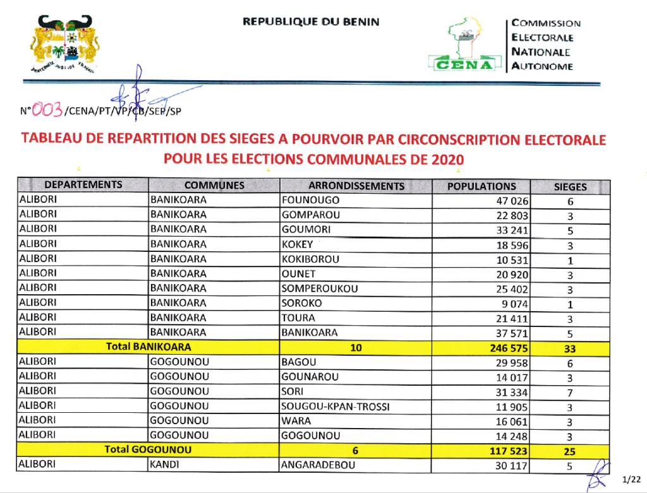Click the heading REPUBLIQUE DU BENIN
(311, 21)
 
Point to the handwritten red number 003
(47, 111)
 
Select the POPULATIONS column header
(481, 186)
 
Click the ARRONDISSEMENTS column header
(356, 186)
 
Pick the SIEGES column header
(570, 187)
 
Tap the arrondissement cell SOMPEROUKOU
(320, 288)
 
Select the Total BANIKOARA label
(148, 347)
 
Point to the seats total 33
(570, 347)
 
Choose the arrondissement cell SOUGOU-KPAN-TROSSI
(336, 407)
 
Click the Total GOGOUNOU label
(148, 450)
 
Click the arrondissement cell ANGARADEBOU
(318, 465)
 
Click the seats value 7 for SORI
(570, 393)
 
